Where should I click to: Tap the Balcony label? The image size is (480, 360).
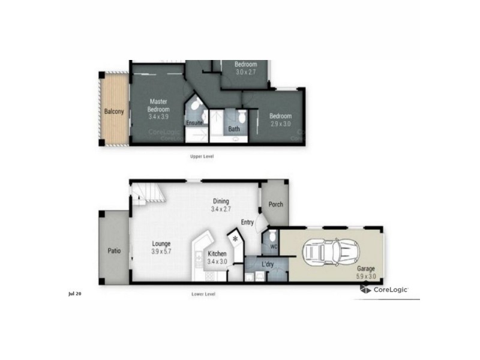click(113, 112)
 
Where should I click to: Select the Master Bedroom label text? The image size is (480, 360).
click(159, 106)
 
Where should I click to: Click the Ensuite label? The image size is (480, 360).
click(194, 124)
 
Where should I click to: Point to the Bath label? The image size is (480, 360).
click(234, 128)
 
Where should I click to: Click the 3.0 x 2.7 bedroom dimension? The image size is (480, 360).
click(246, 72)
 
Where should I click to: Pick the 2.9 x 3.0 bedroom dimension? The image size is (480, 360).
click(280, 124)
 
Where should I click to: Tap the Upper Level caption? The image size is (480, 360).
click(202, 156)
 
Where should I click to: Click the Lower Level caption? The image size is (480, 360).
click(203, 294)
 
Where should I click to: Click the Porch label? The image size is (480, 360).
click(275, 205)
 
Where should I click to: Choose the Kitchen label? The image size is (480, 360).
click(217, 254)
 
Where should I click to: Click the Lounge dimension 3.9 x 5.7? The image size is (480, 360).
click(161, 251)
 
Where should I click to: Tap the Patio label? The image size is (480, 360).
click(114, 251)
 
